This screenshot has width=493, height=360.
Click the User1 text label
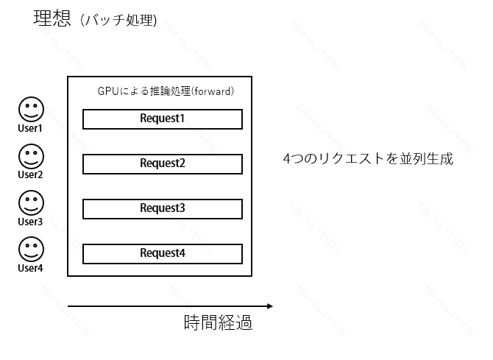pyautogui.click(x=30, y=128)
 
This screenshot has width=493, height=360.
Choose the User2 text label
pyautogui.click(x=30, y=174)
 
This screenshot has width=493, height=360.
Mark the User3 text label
pyautogui.click(x=30, y=222)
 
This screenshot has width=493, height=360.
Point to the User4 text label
pyautogui.click(x=30, y=268)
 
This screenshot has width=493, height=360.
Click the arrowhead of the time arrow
pyautogui.click(x=270, y=306)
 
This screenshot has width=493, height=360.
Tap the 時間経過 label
pyautogui.click(x=218, y=322)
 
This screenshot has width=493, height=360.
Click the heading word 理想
pyautogui.click(x=52, y=18)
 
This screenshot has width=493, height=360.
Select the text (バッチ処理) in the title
pyautogui.click(x=118, y=21)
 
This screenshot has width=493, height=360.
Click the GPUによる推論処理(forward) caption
pyautogui.click(x=166, y=91)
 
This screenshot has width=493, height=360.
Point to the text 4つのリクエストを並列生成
pyautogui.click(x=368, y=158)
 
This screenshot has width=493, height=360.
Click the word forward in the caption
pyautogui.click(x=213, y=91)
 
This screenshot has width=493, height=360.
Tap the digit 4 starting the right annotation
pyautogui.click(x=287, y=159)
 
